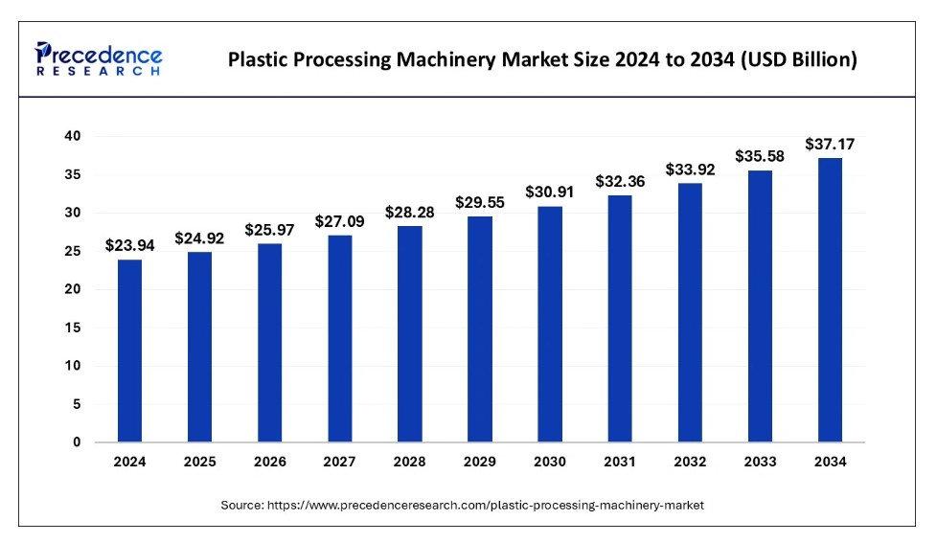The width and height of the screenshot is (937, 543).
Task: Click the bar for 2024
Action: pyautogui.click(x=129, y=351)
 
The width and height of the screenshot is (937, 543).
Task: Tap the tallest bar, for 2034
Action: pyautogui.click(x=830, y=300)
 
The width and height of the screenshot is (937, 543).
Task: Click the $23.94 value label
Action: pyautogui.click(x=129, y=247)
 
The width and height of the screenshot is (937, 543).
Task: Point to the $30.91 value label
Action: pyautogui.click(x=550, y=192)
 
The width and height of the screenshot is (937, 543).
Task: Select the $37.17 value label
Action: pyautogui.click(x=831, y=145)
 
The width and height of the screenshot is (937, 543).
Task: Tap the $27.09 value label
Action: pyautogui.click(x=340, y=222)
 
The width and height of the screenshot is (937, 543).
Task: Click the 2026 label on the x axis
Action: pyautogui.click(x=270, y=462)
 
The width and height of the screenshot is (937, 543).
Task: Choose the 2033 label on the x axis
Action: pyautogui.click(x=760, y=462)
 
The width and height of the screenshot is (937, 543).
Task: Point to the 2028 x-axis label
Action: pyautogui.click(x=410, y=462)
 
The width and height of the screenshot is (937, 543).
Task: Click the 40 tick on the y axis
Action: pyautogui.click(x=72, y=137)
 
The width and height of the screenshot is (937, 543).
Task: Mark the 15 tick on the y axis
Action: pyautogui.click(x=73, y=328)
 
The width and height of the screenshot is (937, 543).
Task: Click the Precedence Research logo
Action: pyautogui.click(x=99, y=58)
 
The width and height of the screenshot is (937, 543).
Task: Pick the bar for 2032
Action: pyautogui.click(x=690, y=312)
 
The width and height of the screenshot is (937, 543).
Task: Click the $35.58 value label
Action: pyautogui.click(x=760, y=156)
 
